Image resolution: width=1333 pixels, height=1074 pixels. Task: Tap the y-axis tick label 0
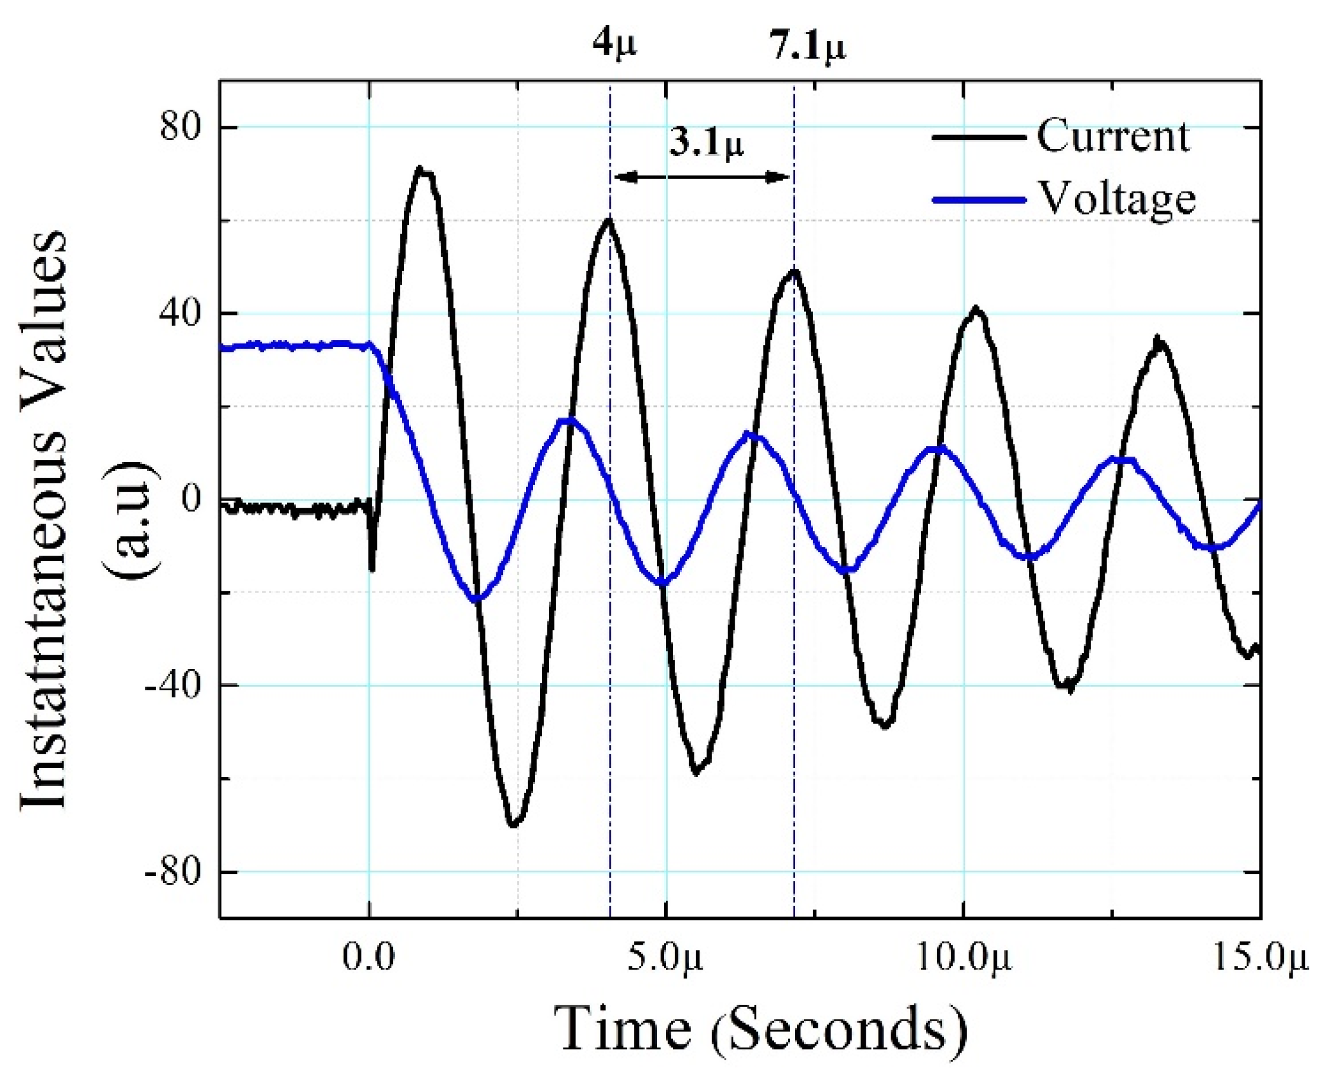tap(192, 499)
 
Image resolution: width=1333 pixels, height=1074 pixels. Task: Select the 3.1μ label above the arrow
tap(706, 144)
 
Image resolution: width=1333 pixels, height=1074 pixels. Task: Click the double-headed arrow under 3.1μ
tap(702, 177)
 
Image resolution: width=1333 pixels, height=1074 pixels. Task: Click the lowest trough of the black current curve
tap(514, 824)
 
